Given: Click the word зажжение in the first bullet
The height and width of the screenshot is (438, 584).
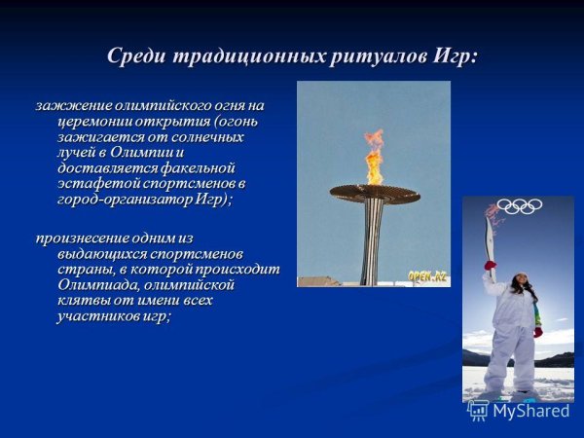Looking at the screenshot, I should [x=71, y=105].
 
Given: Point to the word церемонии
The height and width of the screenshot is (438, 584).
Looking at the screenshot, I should [x=94, y=121].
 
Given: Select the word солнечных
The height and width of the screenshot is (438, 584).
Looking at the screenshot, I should [x=202, y=136].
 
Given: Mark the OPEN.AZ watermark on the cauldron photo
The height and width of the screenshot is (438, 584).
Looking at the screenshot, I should [x=427, y=275].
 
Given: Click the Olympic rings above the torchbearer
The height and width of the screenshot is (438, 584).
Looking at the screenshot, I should [x=519, y=206].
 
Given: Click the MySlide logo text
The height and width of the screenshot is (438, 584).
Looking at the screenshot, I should [x=529, y=411].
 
